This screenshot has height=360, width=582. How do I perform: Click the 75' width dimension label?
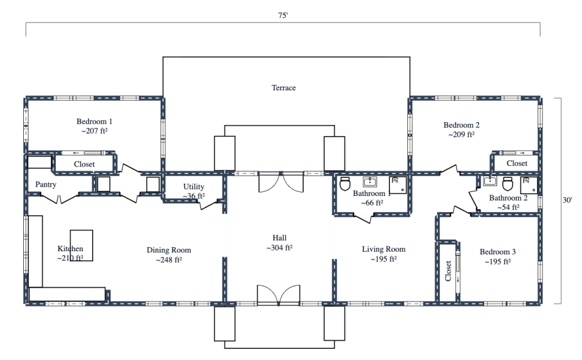click(283, 16)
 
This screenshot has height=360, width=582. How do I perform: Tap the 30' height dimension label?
click(567, 199)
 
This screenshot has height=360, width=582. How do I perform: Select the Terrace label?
click(283, 88)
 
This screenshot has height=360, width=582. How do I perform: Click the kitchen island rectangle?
click(81, 245)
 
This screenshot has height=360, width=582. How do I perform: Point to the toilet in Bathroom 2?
click(507, 184)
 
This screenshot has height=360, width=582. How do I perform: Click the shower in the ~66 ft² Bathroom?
click(398, 184)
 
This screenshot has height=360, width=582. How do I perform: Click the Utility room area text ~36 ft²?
click(194, 196)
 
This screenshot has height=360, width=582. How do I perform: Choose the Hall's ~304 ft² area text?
click(279, 248)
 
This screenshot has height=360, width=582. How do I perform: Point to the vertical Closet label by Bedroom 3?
click(448, 271)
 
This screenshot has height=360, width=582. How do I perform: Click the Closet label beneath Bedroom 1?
click(84, 165)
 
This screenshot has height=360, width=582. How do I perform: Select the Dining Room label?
click(169, 250)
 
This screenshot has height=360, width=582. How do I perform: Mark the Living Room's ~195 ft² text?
click(384, 259)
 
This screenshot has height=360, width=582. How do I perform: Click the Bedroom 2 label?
click(462, 125)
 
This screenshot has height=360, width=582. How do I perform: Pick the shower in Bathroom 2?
click(528, 184)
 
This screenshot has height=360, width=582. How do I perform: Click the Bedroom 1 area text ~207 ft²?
click(94, 131)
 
